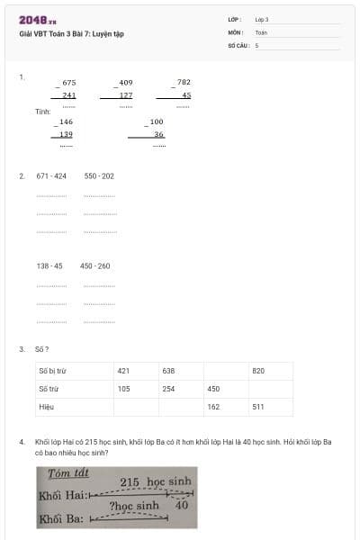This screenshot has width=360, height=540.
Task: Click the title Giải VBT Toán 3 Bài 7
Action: (71, 34)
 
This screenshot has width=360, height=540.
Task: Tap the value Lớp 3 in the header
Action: (262, 19)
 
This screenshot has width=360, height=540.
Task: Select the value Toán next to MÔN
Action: (261, 31)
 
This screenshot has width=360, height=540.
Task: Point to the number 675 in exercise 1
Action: (69, 82)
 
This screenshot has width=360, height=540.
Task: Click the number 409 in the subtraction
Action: (126, 82)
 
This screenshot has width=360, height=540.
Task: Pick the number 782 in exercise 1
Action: (184, 82)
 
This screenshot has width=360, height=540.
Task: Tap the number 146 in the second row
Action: (67, 121)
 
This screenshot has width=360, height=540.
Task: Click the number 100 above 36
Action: (157, 121)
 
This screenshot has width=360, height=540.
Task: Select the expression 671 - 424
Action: (51, 176)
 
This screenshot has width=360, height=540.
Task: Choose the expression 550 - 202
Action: (99, 176)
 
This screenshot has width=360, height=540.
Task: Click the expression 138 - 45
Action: (49, 266)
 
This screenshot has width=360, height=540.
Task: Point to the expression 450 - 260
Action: (95, 266)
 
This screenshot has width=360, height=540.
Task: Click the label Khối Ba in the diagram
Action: (61, 519)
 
